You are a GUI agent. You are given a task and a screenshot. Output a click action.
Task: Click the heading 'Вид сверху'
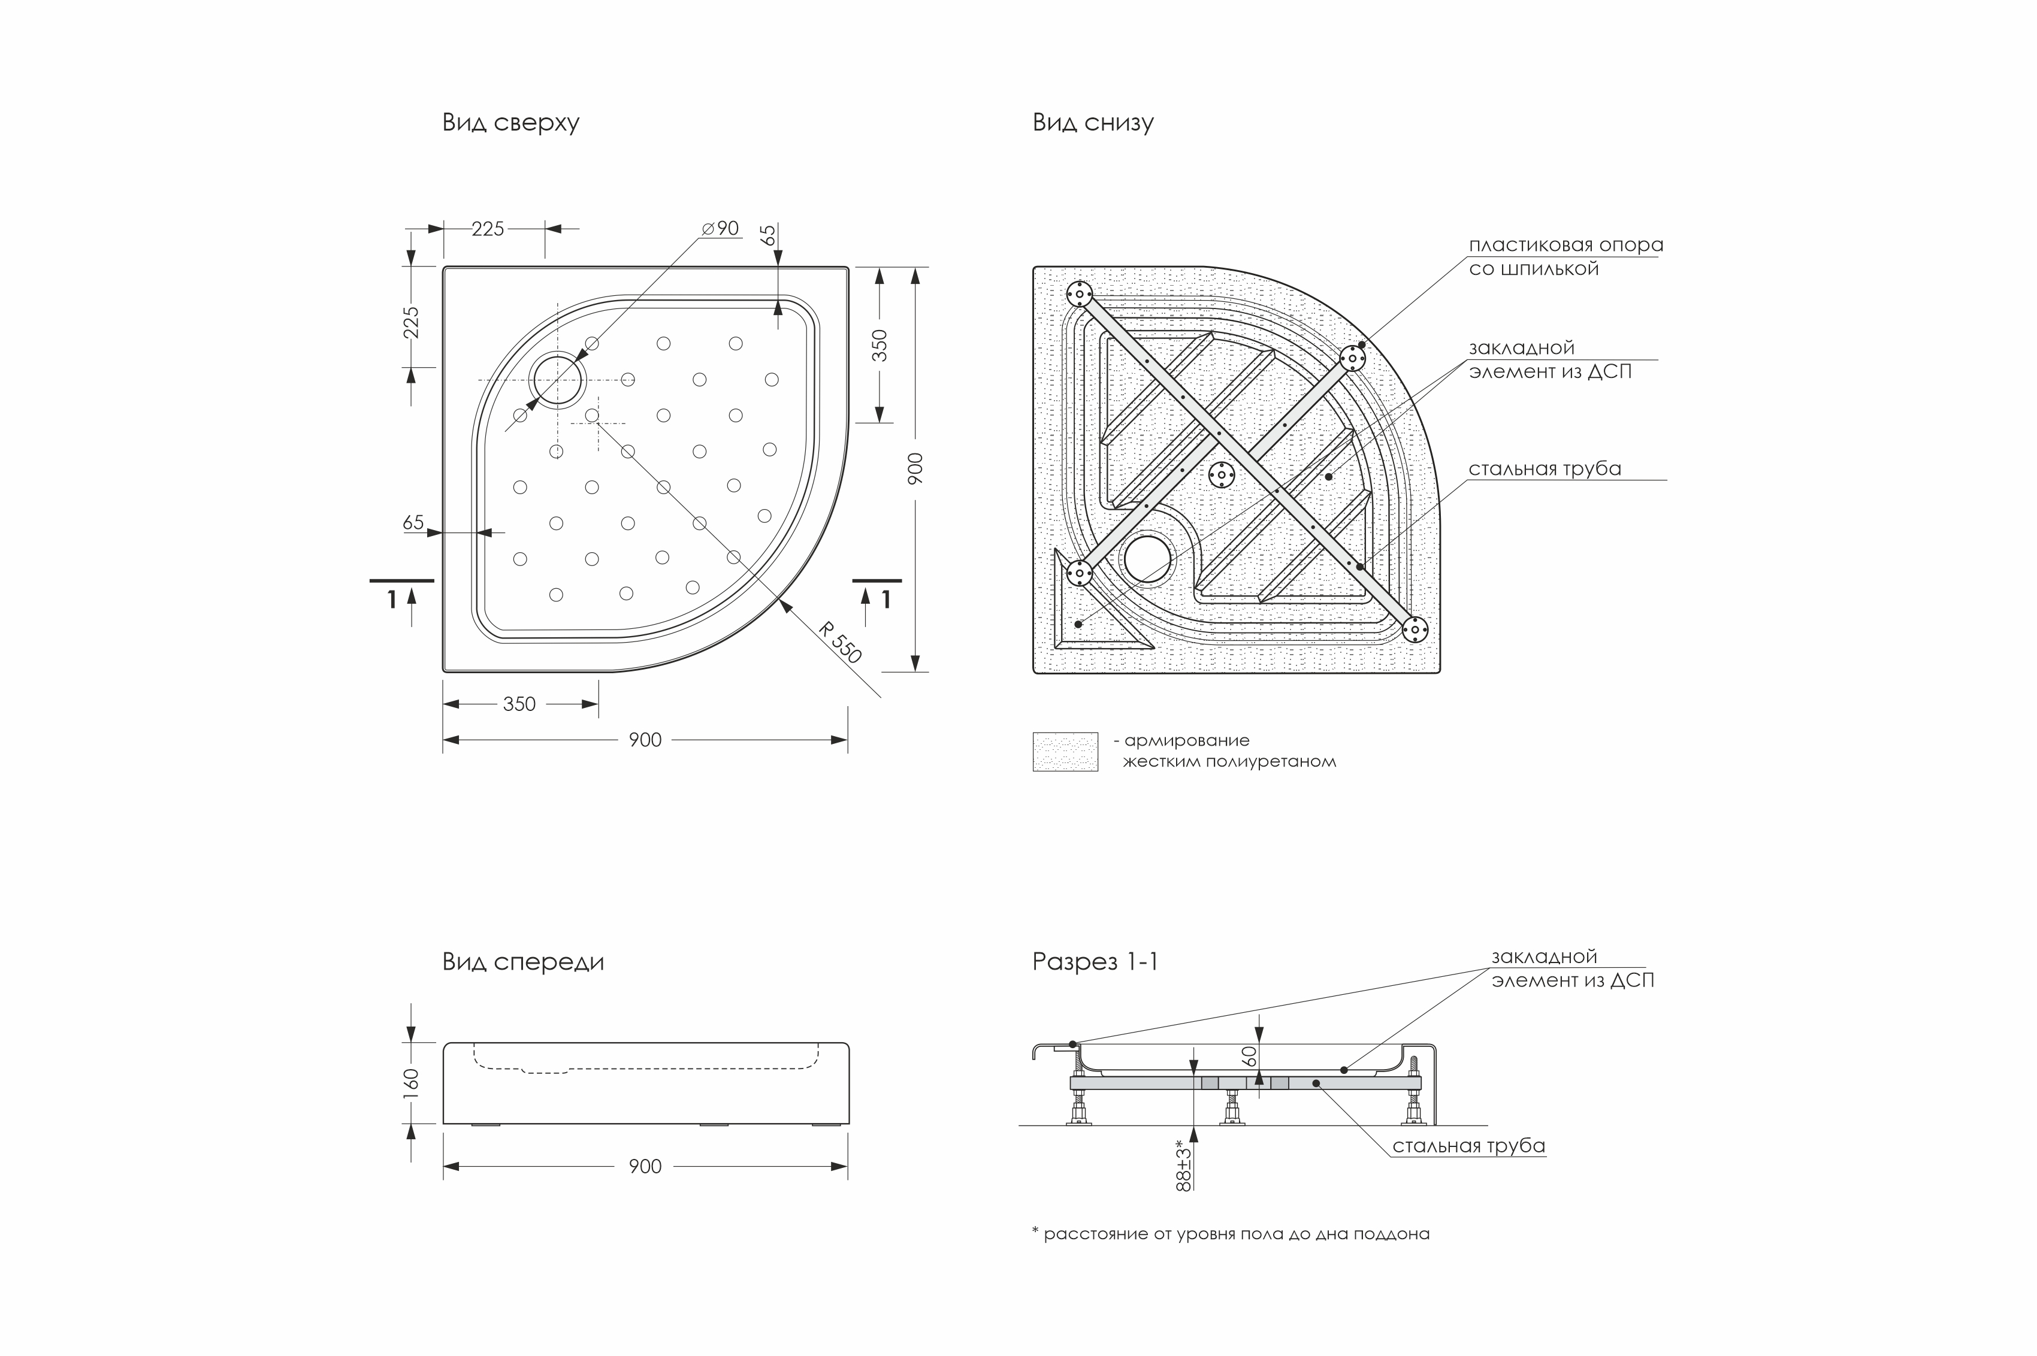pos(510,123)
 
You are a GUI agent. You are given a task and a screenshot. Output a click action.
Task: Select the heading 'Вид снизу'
pos(1092,123)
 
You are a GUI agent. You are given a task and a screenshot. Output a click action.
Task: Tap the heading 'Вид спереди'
pos(522,962)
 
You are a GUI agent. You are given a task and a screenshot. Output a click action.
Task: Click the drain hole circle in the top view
pos(557,380)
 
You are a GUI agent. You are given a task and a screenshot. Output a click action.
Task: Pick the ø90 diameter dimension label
pos(721,228)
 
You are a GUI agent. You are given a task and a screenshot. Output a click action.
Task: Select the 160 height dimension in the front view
pos(411,1083)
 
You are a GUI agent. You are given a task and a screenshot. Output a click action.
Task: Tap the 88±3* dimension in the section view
pos(1184,1165)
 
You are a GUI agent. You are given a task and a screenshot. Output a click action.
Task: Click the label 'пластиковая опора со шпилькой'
pos(1565,257)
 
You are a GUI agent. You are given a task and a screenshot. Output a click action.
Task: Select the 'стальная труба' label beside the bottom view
pos(1544,469)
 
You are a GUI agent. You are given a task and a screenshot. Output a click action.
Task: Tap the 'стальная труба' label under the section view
pos(1468,1146)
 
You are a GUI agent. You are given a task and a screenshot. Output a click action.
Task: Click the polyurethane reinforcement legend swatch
pos(1065,752)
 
